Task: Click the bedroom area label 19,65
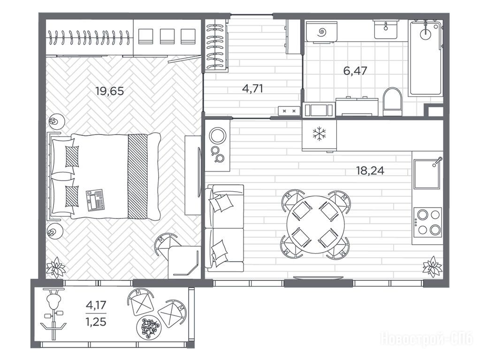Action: click(x=110, y=91)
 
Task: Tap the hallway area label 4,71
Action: click(x=252, y=89)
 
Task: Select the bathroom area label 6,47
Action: click(x=355, y=71)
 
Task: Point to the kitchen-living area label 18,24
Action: click(x=370, y=170)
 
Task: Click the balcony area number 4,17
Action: click(x=96, y=305)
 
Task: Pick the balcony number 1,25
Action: click(x=96, y=322)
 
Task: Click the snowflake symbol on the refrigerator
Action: click(x=319, y=134)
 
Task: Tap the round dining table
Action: click(x=315, y=225)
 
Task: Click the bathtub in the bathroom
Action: click(x=426, y=58)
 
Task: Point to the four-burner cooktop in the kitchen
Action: click(x=427, y=221)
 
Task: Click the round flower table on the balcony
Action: click(x=148, y=327)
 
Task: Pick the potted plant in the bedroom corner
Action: click(x=56, y=267)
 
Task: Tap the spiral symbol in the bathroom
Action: click(x=322, y=31)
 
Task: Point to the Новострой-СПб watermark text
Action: click(x=427, y=339)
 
